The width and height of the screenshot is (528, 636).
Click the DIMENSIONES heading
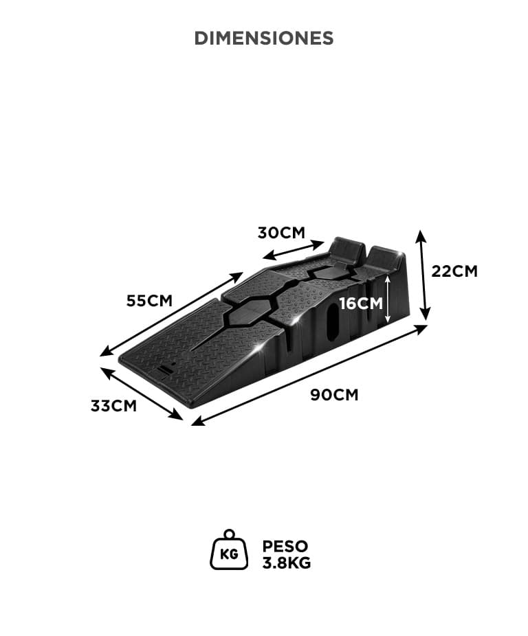pos(264,38)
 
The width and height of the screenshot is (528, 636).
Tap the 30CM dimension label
pos(281,233)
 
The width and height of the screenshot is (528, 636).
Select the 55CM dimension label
pos(149,301)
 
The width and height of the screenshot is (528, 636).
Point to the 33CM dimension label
pos(113,406)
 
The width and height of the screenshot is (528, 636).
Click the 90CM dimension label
pos(334,395)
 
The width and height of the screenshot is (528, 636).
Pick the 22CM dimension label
pos(454,271)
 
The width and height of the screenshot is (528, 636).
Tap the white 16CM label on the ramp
pos(361,303)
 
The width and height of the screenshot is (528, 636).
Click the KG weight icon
pos(229,549)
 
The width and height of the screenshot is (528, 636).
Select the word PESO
pos(285,546)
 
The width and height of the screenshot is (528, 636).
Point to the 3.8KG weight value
pos(286,563)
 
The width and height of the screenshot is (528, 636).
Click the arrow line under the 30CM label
pos(294,250)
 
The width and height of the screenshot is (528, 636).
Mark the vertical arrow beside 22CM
pos(423,275)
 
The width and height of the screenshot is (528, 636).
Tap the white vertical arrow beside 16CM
pos(388,299)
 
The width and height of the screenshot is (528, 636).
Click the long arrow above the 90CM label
pos(309,375)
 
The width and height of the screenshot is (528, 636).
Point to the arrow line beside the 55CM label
pos(171,315)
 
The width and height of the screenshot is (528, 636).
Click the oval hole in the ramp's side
pos(333,321)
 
